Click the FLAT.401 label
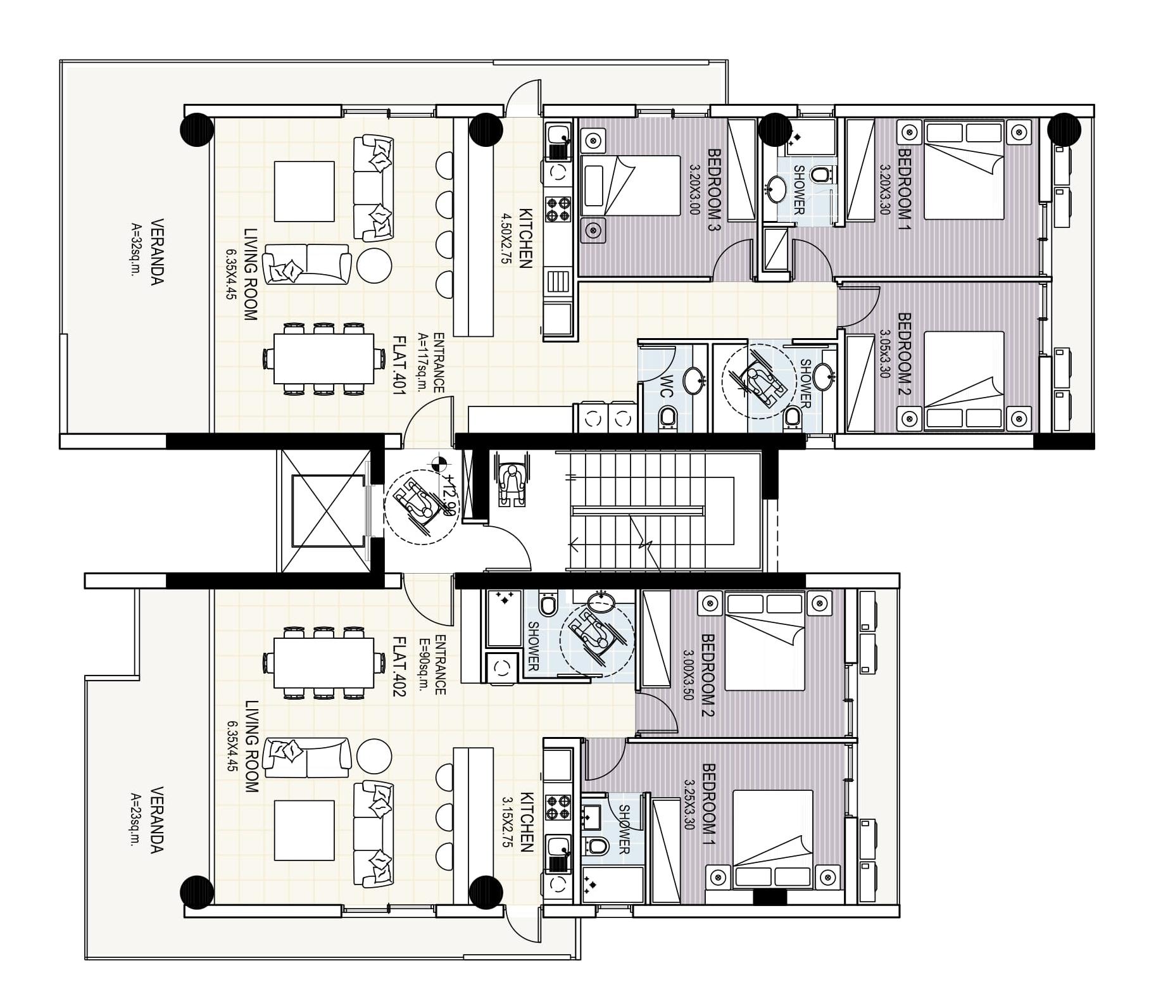click(x=399, y=365)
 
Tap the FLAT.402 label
click(x=399, y=667)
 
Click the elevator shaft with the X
click(x=329, y=510)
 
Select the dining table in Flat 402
click(x=323, y=663)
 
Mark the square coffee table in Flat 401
click(x=305, y=191)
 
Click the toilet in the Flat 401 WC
click(x=667, y=418)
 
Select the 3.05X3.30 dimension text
click(x=884, y=354)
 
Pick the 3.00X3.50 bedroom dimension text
click(x=688, y=675)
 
